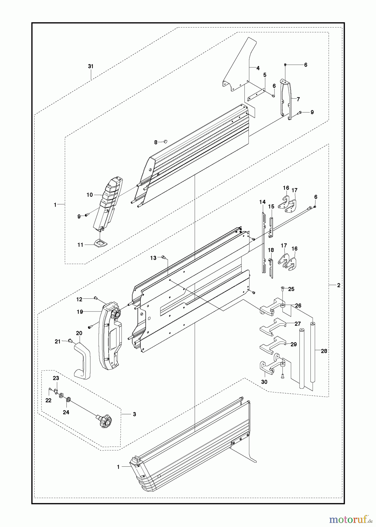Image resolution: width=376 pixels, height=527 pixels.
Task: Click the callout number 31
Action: pos(91,66)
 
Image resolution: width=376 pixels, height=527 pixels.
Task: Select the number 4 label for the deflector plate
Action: pos(258,68)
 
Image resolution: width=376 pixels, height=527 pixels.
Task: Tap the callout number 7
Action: pos(298,99)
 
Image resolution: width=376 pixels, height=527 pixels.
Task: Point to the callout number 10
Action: pos(90,195)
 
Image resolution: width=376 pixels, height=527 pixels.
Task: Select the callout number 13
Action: pos(153,258)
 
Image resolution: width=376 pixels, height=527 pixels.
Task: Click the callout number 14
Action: pos(262,202)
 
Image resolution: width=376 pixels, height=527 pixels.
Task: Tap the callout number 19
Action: pos(80,312)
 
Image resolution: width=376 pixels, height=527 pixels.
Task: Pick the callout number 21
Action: pos(58,341)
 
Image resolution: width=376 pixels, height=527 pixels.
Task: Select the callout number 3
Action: pos(134,414)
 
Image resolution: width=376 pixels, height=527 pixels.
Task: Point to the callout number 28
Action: pos(324,351)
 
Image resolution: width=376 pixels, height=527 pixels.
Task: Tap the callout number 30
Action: pos(264,382)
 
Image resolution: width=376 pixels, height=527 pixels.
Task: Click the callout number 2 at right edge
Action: pos(339,285)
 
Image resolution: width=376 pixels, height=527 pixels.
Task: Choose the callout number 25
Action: pos(291,289)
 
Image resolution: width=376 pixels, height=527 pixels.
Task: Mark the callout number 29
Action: pos(294,344)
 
